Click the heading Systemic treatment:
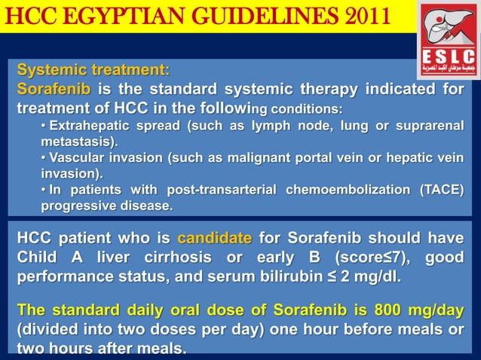[93, 72]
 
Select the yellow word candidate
[214, 239]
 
